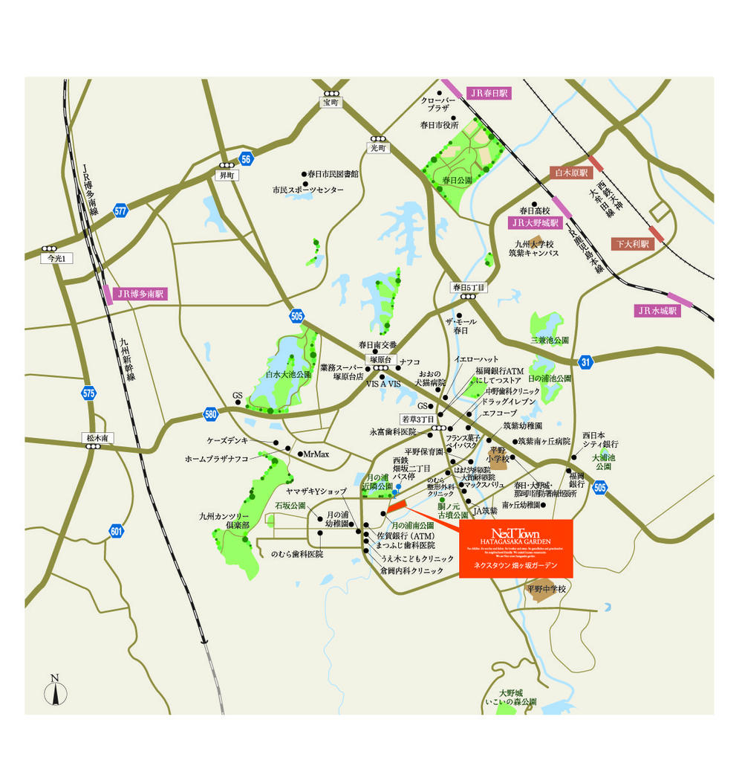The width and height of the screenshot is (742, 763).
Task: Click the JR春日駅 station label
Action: coord(487,94)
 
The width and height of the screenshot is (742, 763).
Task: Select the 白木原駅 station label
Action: coord(571,173)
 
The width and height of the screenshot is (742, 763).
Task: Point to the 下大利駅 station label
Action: coord(631,243)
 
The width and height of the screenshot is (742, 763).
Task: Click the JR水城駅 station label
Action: coord(657,311)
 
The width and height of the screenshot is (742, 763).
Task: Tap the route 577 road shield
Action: coord(121,210)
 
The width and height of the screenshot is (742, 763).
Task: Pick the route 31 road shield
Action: coord(586,362)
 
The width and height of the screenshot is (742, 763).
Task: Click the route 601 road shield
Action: coord(116,531)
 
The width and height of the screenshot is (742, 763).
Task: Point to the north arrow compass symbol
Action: coord(55,691)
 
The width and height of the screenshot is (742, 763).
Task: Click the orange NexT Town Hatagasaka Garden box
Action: coord(516,548)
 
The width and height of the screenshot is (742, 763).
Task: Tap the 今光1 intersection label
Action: coord(57,258)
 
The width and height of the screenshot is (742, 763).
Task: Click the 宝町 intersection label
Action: coord(330,102)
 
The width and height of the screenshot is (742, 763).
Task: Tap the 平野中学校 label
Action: coord(546,589)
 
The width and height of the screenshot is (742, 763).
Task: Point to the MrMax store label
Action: coord(316,454)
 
